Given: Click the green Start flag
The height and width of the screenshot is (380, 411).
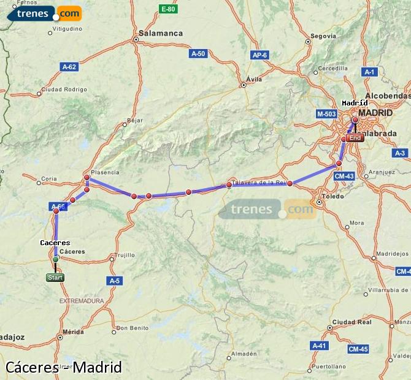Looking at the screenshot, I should point(55,278).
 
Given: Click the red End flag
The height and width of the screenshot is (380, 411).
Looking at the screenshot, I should point(355,138).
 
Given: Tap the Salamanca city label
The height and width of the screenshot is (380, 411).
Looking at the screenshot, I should point(161,33).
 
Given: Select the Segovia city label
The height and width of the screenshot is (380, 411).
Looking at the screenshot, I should point(323,36).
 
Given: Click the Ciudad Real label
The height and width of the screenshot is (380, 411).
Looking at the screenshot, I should point(351,322).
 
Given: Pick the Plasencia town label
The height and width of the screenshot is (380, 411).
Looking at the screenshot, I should point(105,172).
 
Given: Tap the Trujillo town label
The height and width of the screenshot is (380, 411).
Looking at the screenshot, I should point(126,255).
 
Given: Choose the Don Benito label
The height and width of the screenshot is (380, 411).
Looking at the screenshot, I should point(132,328).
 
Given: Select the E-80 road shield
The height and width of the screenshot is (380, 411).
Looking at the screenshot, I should point(167,9).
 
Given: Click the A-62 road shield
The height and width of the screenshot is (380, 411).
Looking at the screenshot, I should point(69,66).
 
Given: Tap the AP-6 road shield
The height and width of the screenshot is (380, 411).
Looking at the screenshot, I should point(260,55).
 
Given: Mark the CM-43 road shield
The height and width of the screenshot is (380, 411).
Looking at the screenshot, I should point(344,176).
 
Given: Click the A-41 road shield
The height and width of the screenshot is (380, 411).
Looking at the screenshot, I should point(320,346).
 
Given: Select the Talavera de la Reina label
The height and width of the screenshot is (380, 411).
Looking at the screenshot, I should point(260,182).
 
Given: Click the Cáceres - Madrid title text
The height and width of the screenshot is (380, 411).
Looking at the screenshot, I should point(64,367).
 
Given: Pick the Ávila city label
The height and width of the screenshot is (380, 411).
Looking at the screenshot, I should point(253,79).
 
